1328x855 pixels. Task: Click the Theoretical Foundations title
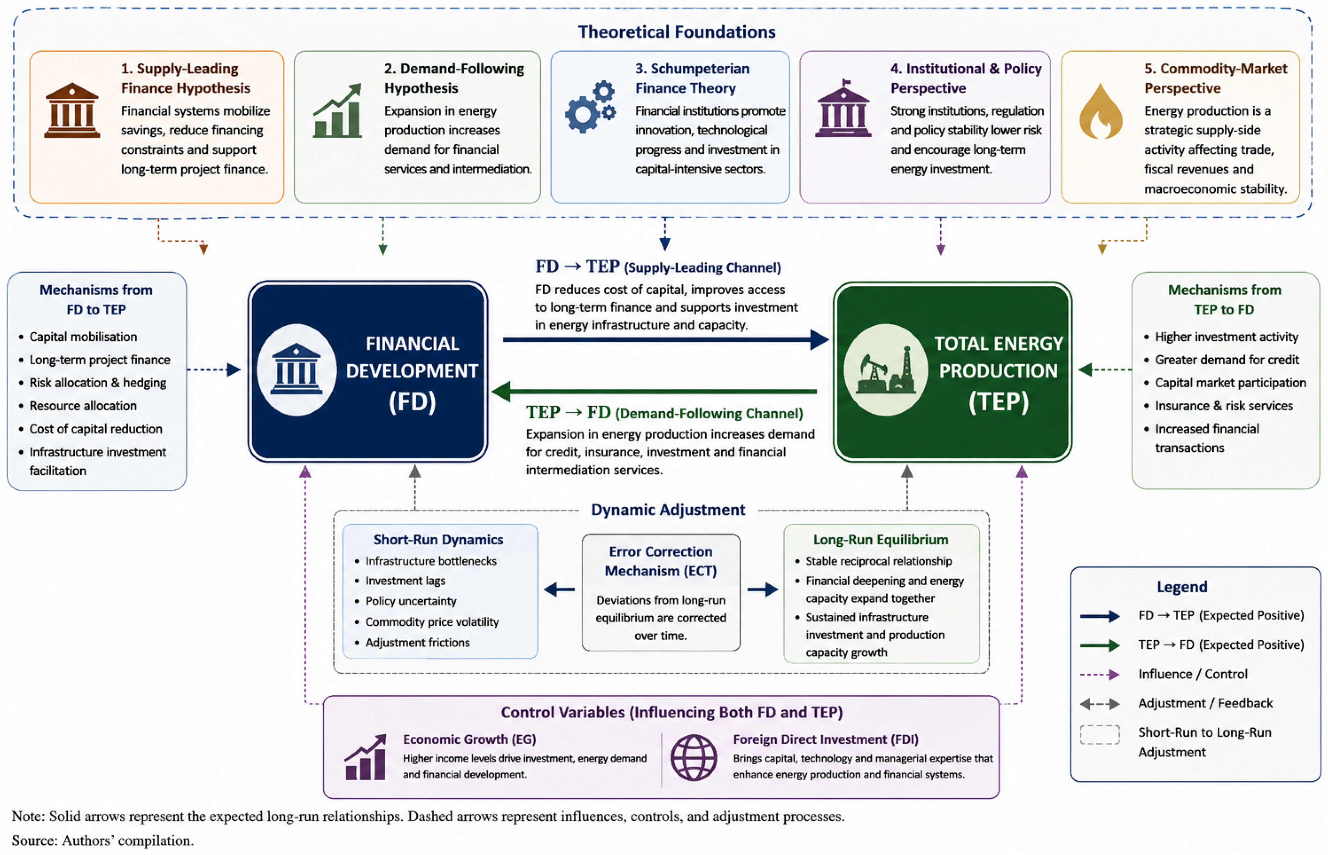(x=676, y=32)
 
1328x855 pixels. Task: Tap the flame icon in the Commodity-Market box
(x=1100, y=111)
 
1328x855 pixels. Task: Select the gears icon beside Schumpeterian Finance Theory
(x=591, y=107)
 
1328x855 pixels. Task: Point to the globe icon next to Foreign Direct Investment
(x=694, y=757)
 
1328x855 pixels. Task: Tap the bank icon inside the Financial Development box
(x=296, y=369)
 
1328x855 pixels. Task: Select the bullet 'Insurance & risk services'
(x=1224, y=406)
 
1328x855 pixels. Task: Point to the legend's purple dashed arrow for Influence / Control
(x=1099, y=674)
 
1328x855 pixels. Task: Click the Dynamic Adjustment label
(x=667, y=510)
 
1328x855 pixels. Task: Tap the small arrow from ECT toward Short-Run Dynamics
(x=559, y=590)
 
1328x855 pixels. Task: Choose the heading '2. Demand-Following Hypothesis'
(x=454, y=78)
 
